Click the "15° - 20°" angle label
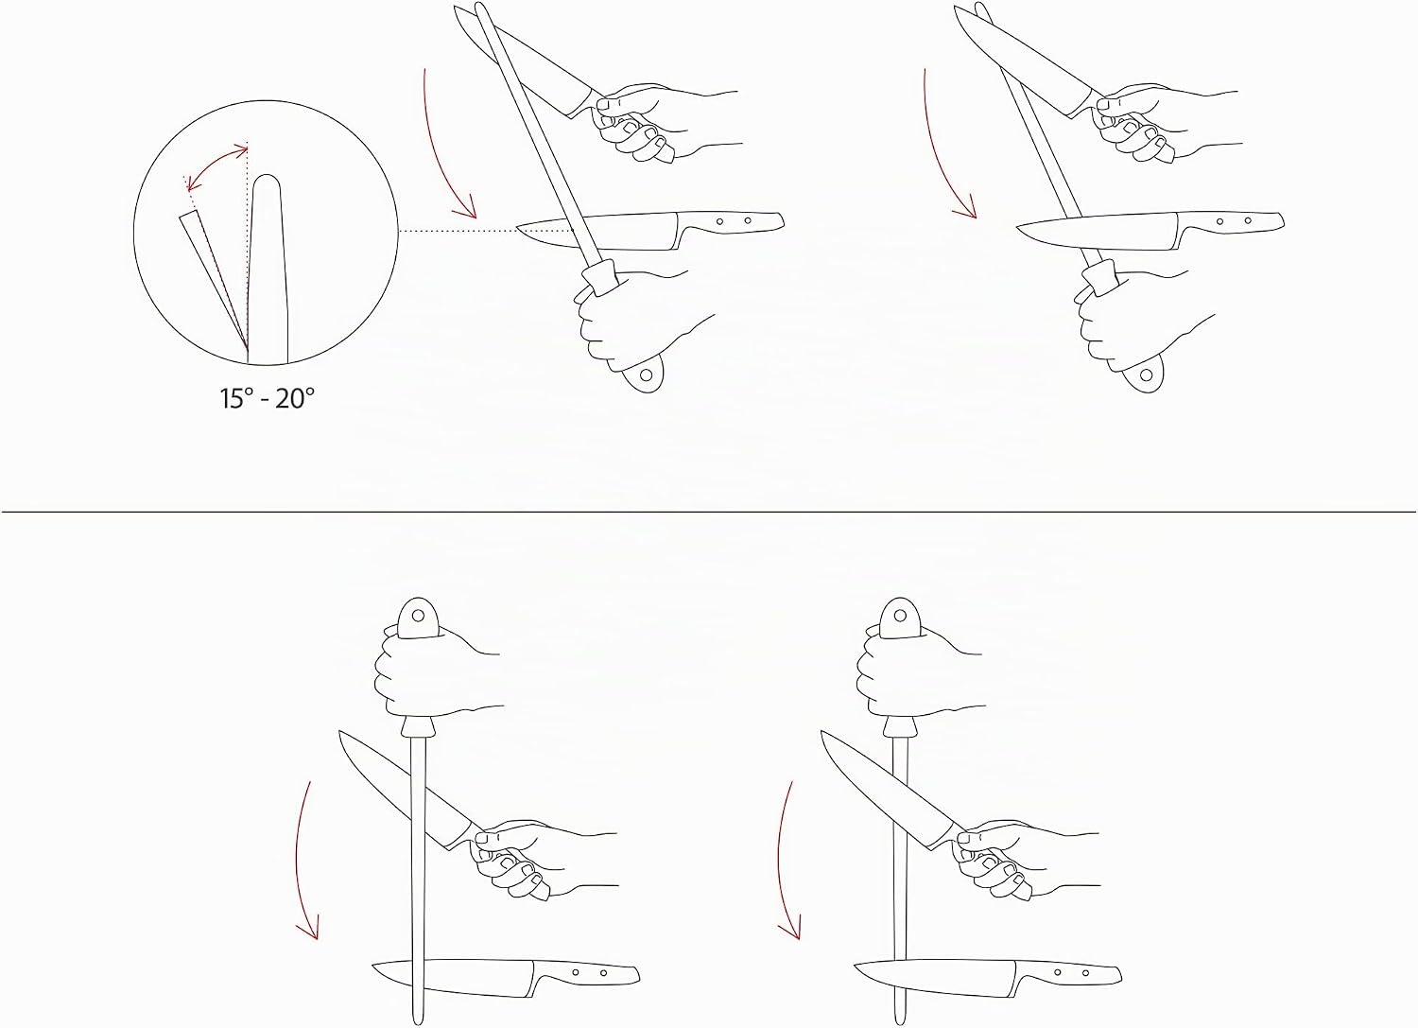point(267,399)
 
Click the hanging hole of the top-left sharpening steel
point(646,375)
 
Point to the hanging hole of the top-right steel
point(1146,375)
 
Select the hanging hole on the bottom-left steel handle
point(417,615)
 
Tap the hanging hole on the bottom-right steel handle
point(899,615)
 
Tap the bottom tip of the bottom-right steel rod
point(900,1021)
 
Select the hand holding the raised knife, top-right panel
point(1158,120)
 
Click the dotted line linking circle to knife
point(458,231)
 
